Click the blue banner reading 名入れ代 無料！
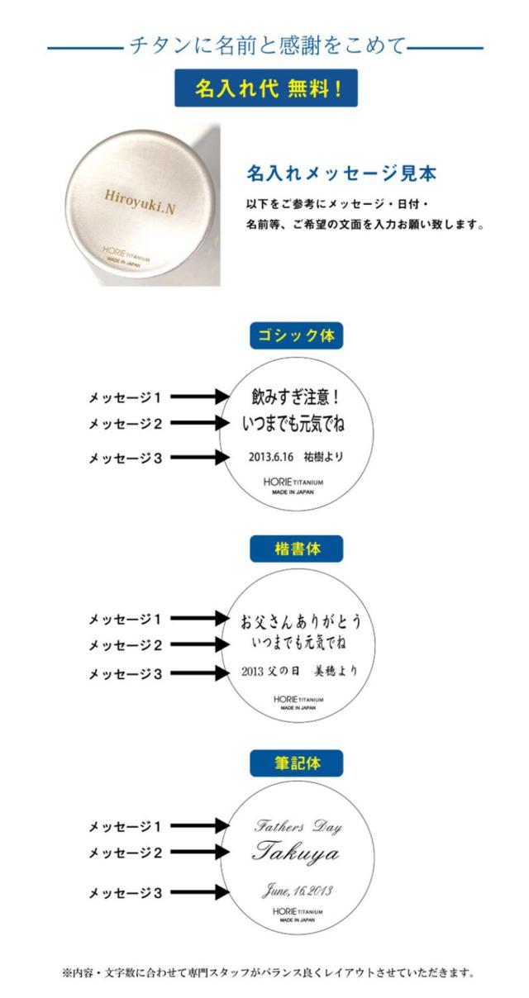point(265,88)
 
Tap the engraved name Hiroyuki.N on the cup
point(140,202)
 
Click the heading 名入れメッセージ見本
point(341,173)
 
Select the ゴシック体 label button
point(297,335)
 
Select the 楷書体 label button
point(297,549)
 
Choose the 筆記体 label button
point(297,763)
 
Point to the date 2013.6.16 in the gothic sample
point(271,457)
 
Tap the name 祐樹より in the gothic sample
point(323,457)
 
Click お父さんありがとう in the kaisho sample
point(300,621)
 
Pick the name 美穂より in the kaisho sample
point(336,671)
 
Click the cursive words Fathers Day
point(298,826)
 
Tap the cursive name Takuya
point(295,853)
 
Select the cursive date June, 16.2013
point(297,891)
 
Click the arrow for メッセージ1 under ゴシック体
point(200,396)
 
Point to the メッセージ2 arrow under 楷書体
point(200,644)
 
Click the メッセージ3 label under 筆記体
point(125,893)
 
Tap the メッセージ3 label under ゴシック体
point(125,458)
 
